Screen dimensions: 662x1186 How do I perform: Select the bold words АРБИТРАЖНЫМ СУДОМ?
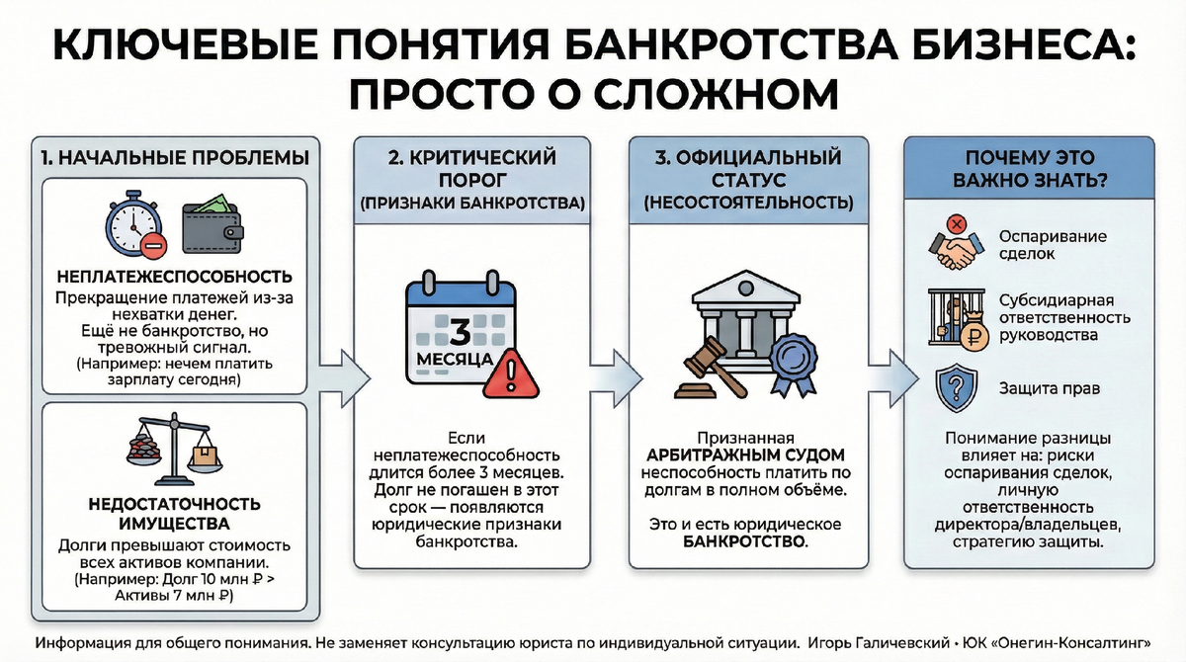(746, 455)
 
